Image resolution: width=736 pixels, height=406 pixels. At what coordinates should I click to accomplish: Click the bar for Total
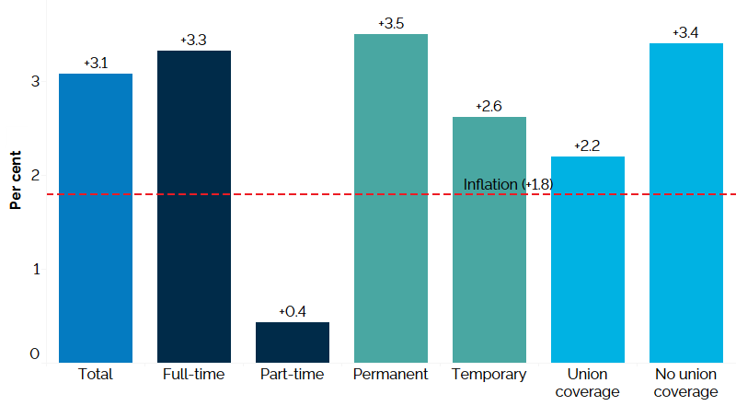(x=96, y=218)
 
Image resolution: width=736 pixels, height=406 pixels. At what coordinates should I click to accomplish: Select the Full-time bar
(x=194, y=206)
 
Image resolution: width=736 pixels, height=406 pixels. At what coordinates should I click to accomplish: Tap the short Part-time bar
(x=293, y=342)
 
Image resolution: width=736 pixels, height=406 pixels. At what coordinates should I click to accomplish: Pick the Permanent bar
(x=391, y=198)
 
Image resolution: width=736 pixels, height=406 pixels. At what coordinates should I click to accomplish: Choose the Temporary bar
(x=489, y=239)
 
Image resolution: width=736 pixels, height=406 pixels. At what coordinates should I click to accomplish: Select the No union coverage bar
(x=686, y=203)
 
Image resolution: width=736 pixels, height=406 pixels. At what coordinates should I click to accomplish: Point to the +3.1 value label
(x=96, y=64)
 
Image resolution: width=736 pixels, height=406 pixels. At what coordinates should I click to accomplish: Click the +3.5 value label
(x=391, y=23)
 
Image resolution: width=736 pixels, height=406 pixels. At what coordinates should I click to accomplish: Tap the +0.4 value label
(x=293, y=312)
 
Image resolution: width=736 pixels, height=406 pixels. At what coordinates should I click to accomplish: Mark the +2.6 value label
(x=489, y=107)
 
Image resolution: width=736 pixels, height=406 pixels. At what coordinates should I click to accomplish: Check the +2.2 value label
(x=587, y=146)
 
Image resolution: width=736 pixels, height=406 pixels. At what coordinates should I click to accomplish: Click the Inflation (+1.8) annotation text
(x=508, y=185)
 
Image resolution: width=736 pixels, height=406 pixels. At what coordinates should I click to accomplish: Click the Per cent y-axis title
(x=16, y=179)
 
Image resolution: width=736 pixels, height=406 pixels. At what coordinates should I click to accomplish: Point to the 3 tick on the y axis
(x=35, y=81)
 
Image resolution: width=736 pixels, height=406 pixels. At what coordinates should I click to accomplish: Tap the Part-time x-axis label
(x=293, y=375)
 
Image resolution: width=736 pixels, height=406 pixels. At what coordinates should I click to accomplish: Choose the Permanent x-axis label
(x=391, y=375)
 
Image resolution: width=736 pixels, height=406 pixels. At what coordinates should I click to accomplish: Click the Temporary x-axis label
(x=489, y=375)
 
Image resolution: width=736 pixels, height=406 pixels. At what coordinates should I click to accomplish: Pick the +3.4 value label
(x=685, y=33)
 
